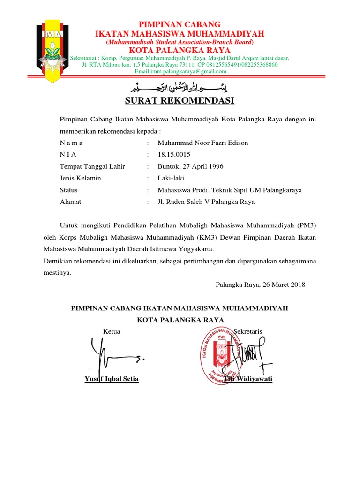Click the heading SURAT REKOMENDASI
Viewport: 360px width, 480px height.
click(x=180, y=101)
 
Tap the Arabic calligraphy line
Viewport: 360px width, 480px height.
click(x=180, y=87)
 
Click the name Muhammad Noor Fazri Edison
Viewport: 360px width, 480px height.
click(x=203, y=142)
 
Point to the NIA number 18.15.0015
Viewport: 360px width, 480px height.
click(x=175, y=154)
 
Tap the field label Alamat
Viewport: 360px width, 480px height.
click(x=70, y=202)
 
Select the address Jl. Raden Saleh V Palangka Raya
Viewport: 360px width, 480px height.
click(x=206, y=202)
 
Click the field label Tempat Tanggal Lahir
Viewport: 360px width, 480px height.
click(x=92, y=166)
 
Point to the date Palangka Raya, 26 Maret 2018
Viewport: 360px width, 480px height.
click(x=260, y=285)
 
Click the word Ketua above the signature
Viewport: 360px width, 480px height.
click(x=112, y=331)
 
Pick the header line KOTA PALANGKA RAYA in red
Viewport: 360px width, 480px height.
click(x=180, y=50)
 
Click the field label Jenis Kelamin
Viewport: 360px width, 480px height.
click(x=80, y=178)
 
